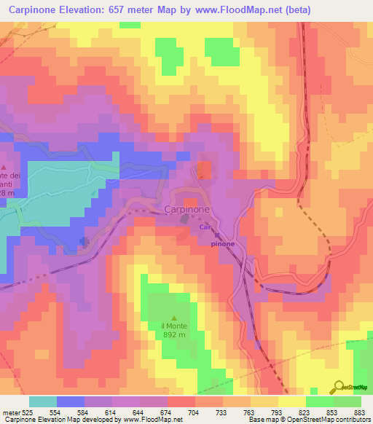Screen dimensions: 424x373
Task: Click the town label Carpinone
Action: [x=187, y=209]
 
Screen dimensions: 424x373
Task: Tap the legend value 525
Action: [x=28, y=412]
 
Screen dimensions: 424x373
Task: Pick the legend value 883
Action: [x=359, y=412]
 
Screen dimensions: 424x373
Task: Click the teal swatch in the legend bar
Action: [x=42, y=401]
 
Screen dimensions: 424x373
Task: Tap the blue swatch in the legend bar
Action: [x=70, y=401]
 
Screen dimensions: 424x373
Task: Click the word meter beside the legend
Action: [x=11, y=412]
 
